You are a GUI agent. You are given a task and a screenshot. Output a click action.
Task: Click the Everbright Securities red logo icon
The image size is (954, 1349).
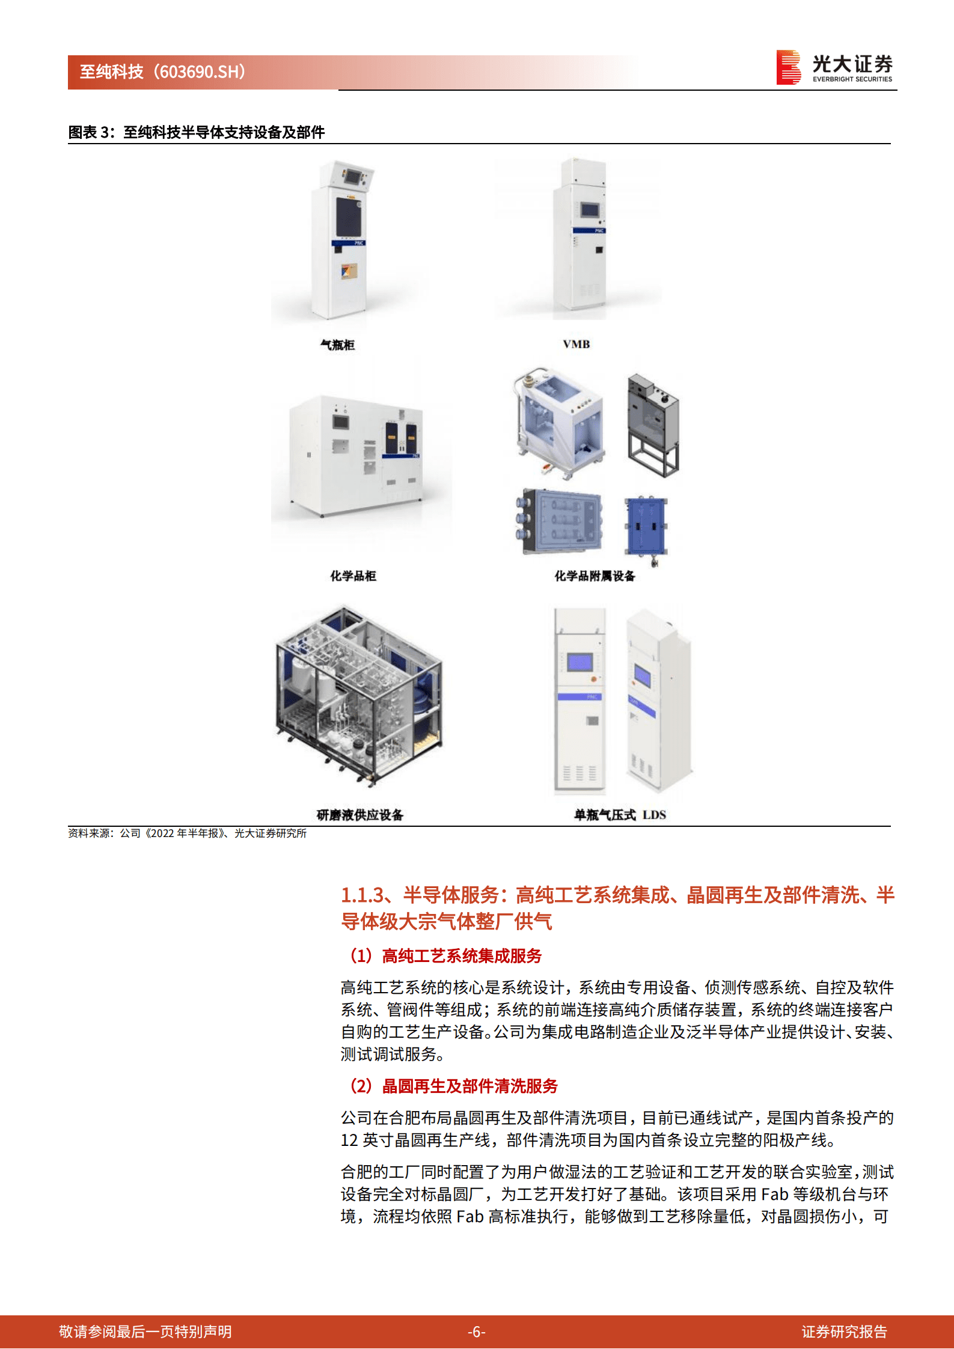pyautogui.click(x=788, y=67)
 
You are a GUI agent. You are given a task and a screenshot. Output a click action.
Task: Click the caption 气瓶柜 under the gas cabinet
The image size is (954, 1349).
pyautogui.click(x=337, y=345)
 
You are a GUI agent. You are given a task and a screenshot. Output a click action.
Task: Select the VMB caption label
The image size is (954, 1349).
pyautogui.click(x=576, y=344)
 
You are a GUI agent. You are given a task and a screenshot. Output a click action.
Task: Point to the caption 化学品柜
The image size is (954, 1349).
pyautogui.click(x=353, y=576)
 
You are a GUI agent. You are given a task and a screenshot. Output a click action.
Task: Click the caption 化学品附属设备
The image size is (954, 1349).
pyautogui.click(x=594, y=576)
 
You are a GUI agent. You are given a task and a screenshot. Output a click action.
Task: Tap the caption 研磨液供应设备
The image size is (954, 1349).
pyautogui.click(x=359, y=815)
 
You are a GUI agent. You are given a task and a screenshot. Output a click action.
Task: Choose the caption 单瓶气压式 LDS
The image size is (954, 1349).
pyautogui.click(x=619, y=815)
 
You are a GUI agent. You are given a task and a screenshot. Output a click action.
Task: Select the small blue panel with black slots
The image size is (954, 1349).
pyautogui.click(x=646, y=523)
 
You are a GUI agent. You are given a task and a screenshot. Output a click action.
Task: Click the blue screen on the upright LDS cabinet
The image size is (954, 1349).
pyautogui.click(x=579, y=663)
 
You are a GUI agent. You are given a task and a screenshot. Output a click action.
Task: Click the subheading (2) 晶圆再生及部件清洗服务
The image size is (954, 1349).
pyautogui.click(x=454, y=1086)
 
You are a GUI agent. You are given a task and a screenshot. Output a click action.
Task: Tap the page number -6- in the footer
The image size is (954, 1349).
pyautogui.click(x=477, y=1332)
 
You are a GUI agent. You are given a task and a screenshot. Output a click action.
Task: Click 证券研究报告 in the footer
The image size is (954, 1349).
pyautogui.click(x=844, y=1332)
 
